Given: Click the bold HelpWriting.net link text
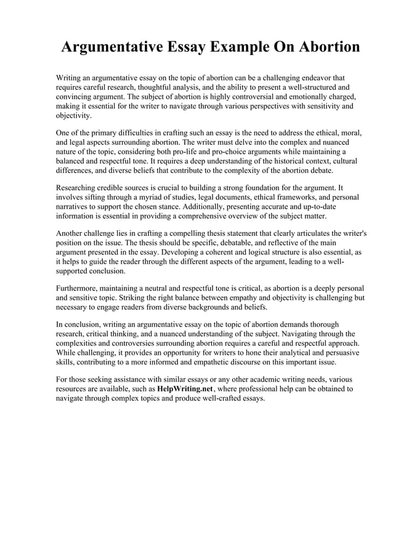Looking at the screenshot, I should pyautogui.click(x=184, y=389).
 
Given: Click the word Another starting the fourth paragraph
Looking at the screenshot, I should pyautogui.click(x=72, y=234).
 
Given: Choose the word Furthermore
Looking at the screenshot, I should pyautogui.click(x=81, y=288).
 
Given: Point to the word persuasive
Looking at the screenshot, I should pyautogui.click(x=341, y=352).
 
